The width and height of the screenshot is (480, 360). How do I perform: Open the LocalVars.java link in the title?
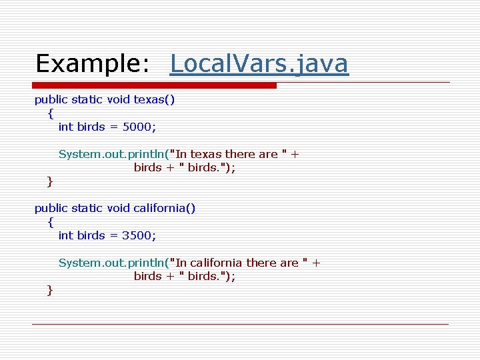(259, 63)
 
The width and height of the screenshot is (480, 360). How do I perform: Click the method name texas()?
(154, 100)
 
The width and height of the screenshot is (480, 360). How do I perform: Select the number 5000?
(140, 127)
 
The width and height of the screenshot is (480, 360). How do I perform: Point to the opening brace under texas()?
(51, 113)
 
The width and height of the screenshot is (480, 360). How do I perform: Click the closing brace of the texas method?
(50, 181)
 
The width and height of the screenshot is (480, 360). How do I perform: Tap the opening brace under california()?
(51, 222)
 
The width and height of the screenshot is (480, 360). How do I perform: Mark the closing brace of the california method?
(50, 289)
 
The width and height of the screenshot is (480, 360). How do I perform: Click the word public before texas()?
(51, 100)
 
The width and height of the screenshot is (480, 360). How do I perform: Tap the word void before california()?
(117, 208)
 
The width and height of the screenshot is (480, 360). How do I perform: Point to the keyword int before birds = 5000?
(66, 127)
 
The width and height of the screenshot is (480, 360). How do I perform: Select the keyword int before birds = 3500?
(66, 235)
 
